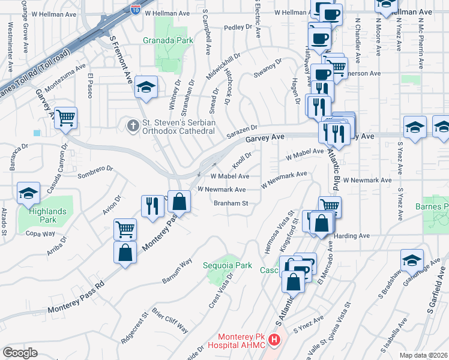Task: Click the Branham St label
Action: point(231,203)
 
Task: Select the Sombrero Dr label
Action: point(95,173)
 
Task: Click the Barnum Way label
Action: point(177,271)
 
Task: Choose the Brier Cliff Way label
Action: point(170,322)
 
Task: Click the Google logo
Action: point(20,352)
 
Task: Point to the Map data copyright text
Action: point(424,355)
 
